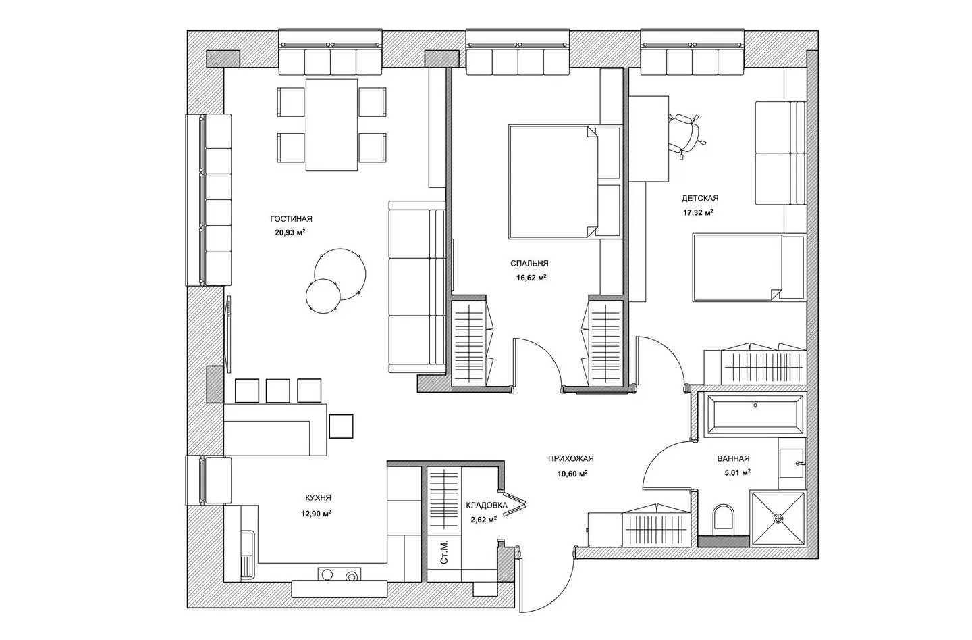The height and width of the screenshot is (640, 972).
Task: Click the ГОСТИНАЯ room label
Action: [x=291, y=219]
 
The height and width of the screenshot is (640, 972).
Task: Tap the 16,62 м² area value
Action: [x=531, y=278]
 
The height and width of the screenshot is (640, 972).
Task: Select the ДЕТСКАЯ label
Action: [x=700, y=199]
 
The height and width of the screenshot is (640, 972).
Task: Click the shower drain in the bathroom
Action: [x=778, y=518]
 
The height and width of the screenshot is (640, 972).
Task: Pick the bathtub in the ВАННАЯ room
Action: [x=755, y=414]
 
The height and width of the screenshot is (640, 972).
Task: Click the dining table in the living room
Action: [x=331, y=125]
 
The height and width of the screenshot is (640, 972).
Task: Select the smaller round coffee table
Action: [x=323, y=296]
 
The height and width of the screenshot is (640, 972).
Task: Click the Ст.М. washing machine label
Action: [x=443, y=553]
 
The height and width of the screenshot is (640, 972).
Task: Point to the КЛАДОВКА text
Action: [x=487, y=506]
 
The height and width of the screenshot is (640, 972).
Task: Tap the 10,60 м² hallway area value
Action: [x=572, y=474]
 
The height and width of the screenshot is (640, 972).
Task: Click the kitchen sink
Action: [x=248, y=556]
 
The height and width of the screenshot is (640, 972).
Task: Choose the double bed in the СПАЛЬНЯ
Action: [x=564, y=182]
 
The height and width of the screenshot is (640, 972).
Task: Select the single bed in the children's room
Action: [x=749, y=268]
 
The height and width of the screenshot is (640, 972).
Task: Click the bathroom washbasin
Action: [x=792, y=464]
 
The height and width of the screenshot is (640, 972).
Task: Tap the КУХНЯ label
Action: [x=318, y=498]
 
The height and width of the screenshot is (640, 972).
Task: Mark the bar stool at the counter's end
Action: [x=341, y=426]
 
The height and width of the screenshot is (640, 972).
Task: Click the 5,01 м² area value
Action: [x=737, y=472]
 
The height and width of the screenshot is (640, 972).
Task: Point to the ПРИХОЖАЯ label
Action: [x=570, y=458]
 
